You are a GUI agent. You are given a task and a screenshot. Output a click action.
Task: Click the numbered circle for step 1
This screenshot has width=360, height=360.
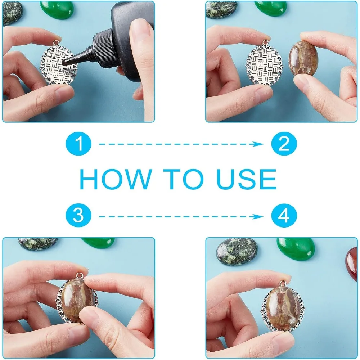pos(78,144)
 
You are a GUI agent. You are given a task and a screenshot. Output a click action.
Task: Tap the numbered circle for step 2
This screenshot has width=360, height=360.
pos(284,144)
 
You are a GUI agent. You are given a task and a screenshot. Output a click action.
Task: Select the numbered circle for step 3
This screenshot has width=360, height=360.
pos(78,216)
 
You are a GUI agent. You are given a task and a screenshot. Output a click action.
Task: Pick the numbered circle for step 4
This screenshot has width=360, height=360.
pos(284,216)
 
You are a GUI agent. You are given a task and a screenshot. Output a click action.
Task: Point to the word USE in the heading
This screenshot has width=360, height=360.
pos(247,179)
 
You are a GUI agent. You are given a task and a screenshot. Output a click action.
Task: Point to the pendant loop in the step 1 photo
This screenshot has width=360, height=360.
pos(57,43)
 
